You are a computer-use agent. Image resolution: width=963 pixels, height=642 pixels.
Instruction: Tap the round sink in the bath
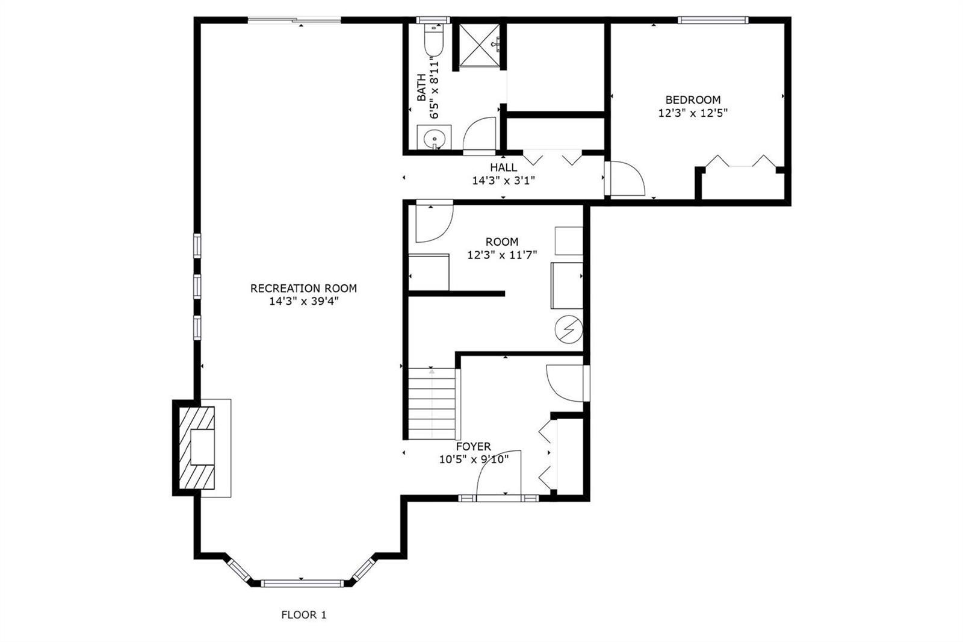click(434, 139)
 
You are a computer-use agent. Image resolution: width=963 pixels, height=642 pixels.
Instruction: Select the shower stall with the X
click(479, 45)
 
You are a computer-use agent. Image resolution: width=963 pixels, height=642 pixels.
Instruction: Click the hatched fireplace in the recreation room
click(196, 447)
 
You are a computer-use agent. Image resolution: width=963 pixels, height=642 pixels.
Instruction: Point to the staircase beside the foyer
click(432, 403)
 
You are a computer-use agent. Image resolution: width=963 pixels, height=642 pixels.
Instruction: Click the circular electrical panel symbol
click(568, 330)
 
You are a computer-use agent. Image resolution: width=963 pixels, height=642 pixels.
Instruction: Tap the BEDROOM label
click(693, 100)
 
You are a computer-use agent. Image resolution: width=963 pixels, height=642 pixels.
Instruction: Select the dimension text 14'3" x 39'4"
click(304, 301)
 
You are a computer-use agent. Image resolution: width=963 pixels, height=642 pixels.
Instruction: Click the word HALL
click(503, 167)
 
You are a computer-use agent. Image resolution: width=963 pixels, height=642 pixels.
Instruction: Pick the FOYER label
click(473, 446)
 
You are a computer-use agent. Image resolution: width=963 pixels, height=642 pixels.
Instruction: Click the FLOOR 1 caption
click(304, 615)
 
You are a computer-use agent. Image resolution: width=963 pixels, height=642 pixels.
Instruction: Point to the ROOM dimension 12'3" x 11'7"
click(502, 255)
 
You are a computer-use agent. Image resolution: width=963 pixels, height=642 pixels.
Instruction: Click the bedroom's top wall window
click(713, 20)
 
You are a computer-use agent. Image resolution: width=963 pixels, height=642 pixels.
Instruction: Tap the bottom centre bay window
click(302, 584)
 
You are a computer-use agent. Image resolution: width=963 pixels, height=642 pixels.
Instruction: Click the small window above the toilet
click(433, 20)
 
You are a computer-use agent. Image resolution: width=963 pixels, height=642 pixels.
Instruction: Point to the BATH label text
click(421, 88)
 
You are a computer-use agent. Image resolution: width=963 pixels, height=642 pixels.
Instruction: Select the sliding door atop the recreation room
click(294, 20)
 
